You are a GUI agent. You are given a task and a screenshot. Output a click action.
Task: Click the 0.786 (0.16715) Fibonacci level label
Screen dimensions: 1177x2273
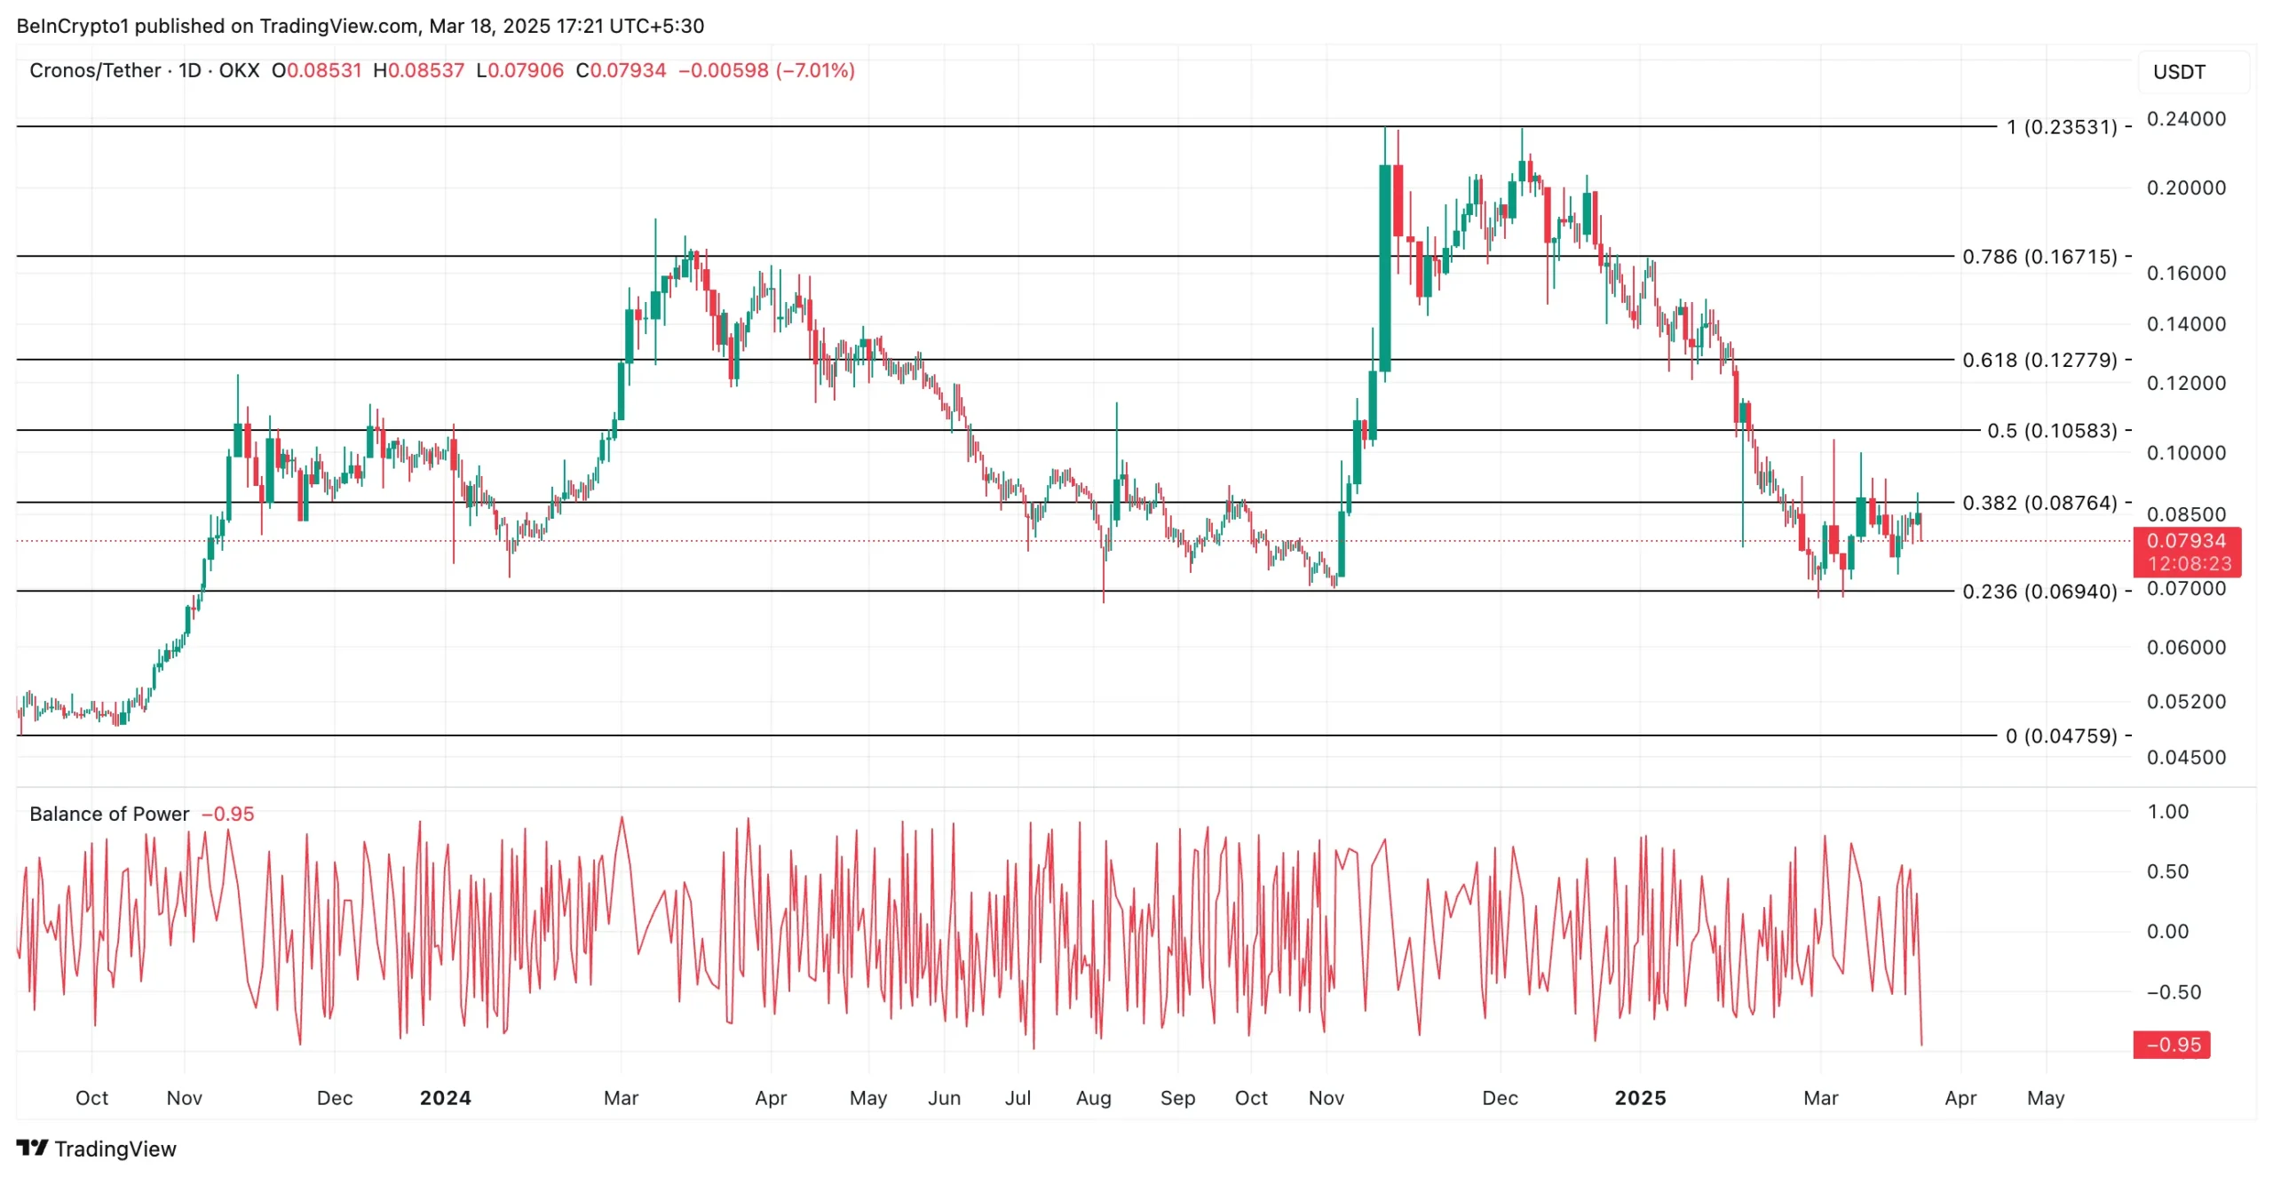point(2039,257)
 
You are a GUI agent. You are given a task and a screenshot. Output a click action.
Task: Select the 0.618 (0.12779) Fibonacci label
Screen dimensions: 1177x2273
point(2039,360)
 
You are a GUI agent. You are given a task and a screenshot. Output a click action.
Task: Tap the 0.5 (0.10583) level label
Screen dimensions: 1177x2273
point(2051,431)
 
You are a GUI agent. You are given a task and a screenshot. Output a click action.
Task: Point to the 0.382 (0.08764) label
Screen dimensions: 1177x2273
point(2039,503)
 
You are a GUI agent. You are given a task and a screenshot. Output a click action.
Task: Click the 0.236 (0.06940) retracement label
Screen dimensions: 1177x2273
point(2039,592)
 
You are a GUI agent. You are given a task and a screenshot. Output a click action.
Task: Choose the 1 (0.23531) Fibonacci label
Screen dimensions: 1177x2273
point(2061,127)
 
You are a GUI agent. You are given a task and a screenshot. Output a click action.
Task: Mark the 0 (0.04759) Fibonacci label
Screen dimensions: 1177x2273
point(2061,736)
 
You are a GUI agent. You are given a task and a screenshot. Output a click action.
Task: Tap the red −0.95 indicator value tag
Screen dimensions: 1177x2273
point(2172,1046)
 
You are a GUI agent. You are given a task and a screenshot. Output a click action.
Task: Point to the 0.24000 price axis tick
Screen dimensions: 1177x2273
point(2185,119)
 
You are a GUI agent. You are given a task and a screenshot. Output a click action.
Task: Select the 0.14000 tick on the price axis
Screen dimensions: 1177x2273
point(2185,324)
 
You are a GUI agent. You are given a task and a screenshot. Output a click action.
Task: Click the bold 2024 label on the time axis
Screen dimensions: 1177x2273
point(445,1099)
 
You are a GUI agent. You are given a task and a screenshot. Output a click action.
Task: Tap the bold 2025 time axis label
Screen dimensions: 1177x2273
point(1639,1099)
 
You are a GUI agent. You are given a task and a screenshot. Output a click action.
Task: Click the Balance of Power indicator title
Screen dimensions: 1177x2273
point(109,815)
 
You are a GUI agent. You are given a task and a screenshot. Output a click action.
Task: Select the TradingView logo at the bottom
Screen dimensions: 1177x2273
point(96,1149)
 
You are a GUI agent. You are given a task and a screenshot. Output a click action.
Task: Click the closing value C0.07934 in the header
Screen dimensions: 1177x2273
point(621,71)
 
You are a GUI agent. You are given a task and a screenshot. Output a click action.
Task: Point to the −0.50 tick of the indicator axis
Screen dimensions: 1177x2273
point(2173,992)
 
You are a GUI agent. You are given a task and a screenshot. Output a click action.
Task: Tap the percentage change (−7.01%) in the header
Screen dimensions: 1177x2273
point(815,71)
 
